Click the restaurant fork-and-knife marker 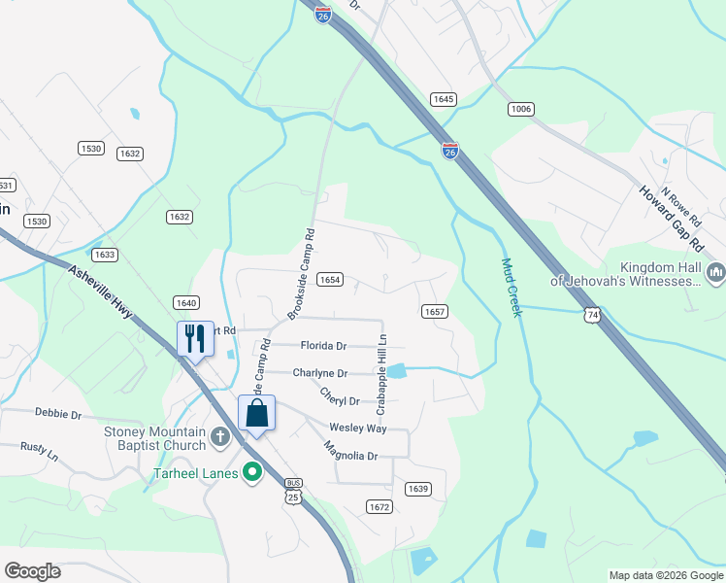pos(195,338)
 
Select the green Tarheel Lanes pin pos(252,474)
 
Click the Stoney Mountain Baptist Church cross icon pos(220,435)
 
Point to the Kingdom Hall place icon pos(716,273)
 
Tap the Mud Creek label pos(511,287)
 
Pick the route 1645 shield pos(444,99)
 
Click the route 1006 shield pos(520,109)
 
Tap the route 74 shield pos(592,315)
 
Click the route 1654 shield pos(330,280)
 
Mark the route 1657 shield pos(434,311)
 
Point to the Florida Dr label pos(323,346)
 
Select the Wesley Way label pos(358,428)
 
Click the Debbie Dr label pos(58,414)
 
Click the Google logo pos(32,571)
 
